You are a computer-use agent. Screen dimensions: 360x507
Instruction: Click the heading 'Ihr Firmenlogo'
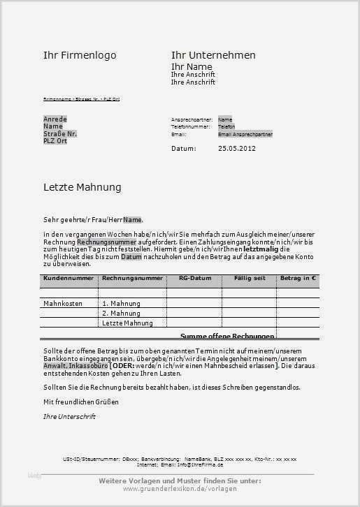[x=80, y=55]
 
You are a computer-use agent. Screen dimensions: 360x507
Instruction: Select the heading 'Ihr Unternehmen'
[x=213, y=55]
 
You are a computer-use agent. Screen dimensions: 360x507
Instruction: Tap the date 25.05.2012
[x=237, y=148]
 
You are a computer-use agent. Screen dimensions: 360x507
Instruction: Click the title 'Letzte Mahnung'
[x=82, y=187]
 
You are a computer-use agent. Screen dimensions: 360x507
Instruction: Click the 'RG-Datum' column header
[x=194, y=278]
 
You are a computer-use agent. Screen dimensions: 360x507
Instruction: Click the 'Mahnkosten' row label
[x=63, y=304]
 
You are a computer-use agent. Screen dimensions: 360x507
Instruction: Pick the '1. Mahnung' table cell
[x=121, y=304]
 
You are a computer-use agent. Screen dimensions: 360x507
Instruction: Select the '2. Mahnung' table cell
[x=121, y=314]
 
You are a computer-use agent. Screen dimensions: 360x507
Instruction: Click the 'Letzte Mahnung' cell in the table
[x=127, y=323]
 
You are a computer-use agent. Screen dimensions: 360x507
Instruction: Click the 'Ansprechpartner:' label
[x=192, y=119]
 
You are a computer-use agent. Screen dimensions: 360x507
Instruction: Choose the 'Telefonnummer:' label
[x=190, y=126]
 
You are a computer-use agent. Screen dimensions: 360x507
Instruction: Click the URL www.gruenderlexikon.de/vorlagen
[x=180, y=488]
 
